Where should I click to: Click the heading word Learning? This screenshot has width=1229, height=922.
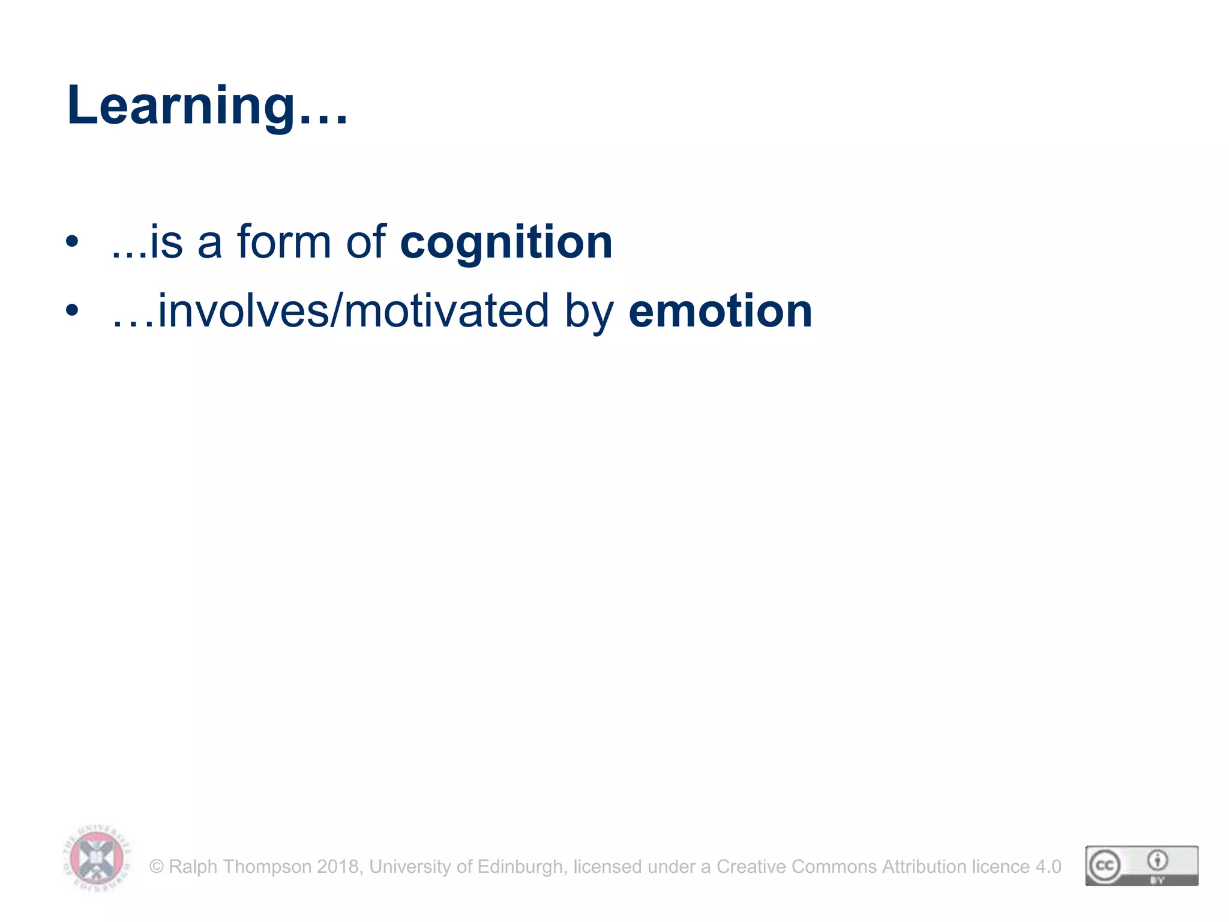[x=180, y=106]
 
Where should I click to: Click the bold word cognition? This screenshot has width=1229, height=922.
[x=506, y=243]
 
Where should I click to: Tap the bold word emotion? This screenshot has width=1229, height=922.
[x=720, y=312]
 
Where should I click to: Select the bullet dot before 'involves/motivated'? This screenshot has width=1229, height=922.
[x=72, y=311]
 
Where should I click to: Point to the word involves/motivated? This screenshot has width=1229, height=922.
[x=353, y=312]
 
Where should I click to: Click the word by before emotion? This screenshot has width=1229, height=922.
[x=589, y=313]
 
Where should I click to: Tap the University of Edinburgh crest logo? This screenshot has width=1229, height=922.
[x=97, y=858]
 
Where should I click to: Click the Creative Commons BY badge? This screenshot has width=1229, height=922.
[x=1141, y=866]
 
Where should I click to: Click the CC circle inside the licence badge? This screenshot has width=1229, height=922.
[x=1105, y=866]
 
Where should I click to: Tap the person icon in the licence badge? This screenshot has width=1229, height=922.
[x=1158, y=860]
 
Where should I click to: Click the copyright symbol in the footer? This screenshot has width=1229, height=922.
[x=157, y=867]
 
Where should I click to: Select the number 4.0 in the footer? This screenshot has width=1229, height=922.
[x=1048, y=867]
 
